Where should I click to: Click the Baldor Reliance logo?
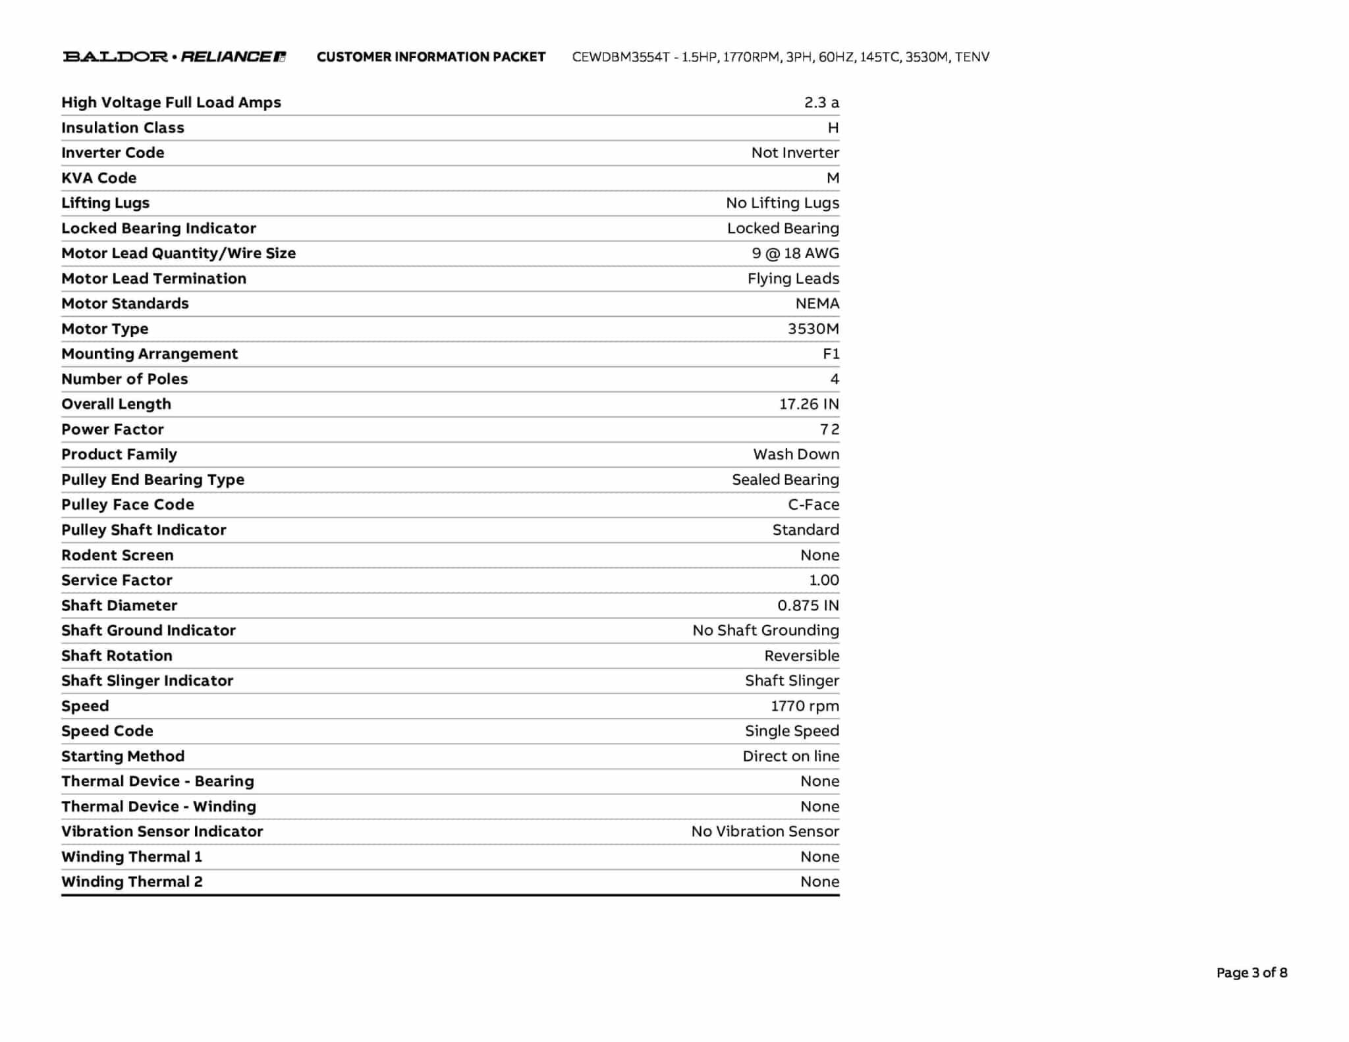pyautogui.click(x=174, y=57)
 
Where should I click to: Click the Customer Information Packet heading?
pyautogui.click(x=431, y=57)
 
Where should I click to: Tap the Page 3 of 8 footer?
pyautogui.click(x=1251, y=973)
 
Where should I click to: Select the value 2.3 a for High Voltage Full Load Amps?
pyautogui.click(x=821, y=103)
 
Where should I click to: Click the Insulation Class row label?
pyautogui.click(x=123, y=128)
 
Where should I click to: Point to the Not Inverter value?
pyautogui.click(x=794, y=153)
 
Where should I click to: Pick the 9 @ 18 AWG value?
pyautogui.click(x=795, y=254)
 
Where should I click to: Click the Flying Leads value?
pyautogui.click(x=792, y=279)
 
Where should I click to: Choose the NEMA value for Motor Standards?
pyautogui.click(x=817, y=304)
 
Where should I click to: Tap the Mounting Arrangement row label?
pyautogui.click(x=150, y=354)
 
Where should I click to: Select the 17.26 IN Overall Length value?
pyautogui.click(x=809, y=404)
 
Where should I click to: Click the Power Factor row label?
pyautogui.click(x=113, y=429)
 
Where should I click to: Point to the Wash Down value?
pyautogui.click(x=796, y=454)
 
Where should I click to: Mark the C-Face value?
pyautogui.click(x=813, y=505)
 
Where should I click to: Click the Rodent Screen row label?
pyautogui.click(x=117, y=555)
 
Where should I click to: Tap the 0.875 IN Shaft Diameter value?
pyautogui.click(x=808, y=605)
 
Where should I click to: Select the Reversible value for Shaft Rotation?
pyautogui.click(x=801, y=656)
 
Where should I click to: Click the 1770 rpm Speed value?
pyautogui.click(x=804, y=706)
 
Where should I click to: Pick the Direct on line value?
pyautogui.click(x=790, y=756)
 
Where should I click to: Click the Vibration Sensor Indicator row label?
pyautogui.click(x=162, y=831)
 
